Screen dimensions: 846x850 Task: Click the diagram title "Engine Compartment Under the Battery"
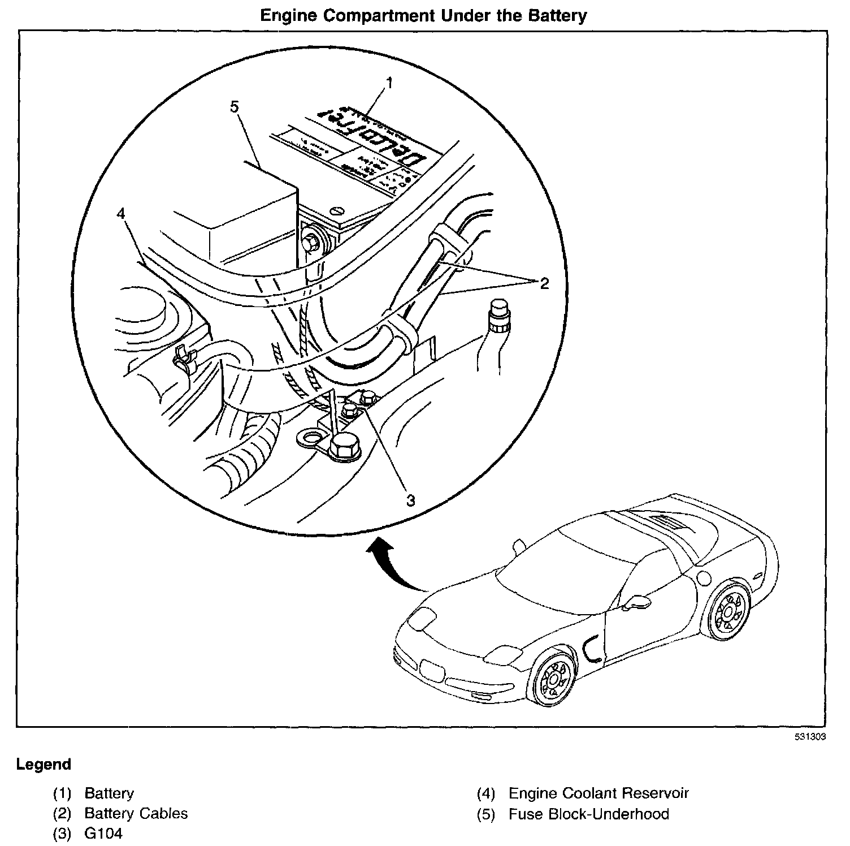tap(423, 15)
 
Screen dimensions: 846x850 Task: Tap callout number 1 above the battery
tap(389, 83)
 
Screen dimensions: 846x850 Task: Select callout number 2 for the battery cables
tap(544, 283)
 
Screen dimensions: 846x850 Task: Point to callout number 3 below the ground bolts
tap(411, 500)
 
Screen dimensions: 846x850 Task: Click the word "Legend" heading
tap(44, 765)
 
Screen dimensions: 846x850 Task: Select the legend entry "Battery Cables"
tap(136, 814)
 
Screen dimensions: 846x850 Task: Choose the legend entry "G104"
tap(103, 834)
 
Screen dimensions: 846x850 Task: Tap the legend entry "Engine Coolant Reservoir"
tap(599, 793)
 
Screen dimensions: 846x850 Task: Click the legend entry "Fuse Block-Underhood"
tap(588, 814)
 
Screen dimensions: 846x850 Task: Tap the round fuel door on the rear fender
tap(704, 577)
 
